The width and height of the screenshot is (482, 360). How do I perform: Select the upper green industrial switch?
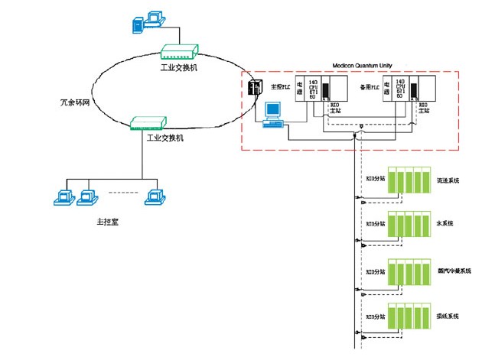click(x=179, y=51)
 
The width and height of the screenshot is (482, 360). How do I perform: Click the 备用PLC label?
click(x=369, y=87)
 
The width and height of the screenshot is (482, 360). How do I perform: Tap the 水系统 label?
click(x=445, y=223)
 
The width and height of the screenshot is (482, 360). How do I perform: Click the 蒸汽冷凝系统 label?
click(x=454, y=271)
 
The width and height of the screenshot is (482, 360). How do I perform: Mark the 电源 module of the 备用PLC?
click(x=388, y=89)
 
